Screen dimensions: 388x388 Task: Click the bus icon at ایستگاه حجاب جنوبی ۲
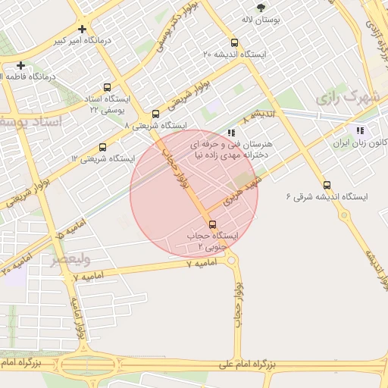coord(211,224)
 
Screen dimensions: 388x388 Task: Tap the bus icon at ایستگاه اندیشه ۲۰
coord(233,43)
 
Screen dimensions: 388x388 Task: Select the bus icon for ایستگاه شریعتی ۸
coord(155,114)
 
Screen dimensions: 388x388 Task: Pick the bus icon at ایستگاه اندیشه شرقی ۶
coord(327,185)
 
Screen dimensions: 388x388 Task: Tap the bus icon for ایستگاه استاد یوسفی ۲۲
coord(106,87)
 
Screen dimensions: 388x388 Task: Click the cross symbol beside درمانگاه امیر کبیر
coord(82,29)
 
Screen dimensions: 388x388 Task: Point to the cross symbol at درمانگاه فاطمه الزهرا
coord(21,65)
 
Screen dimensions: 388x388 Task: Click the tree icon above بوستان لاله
coord(261,8)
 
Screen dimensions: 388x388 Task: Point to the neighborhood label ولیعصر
coord(70,261)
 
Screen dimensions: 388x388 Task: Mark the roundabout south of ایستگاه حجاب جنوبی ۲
coord(231,261)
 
